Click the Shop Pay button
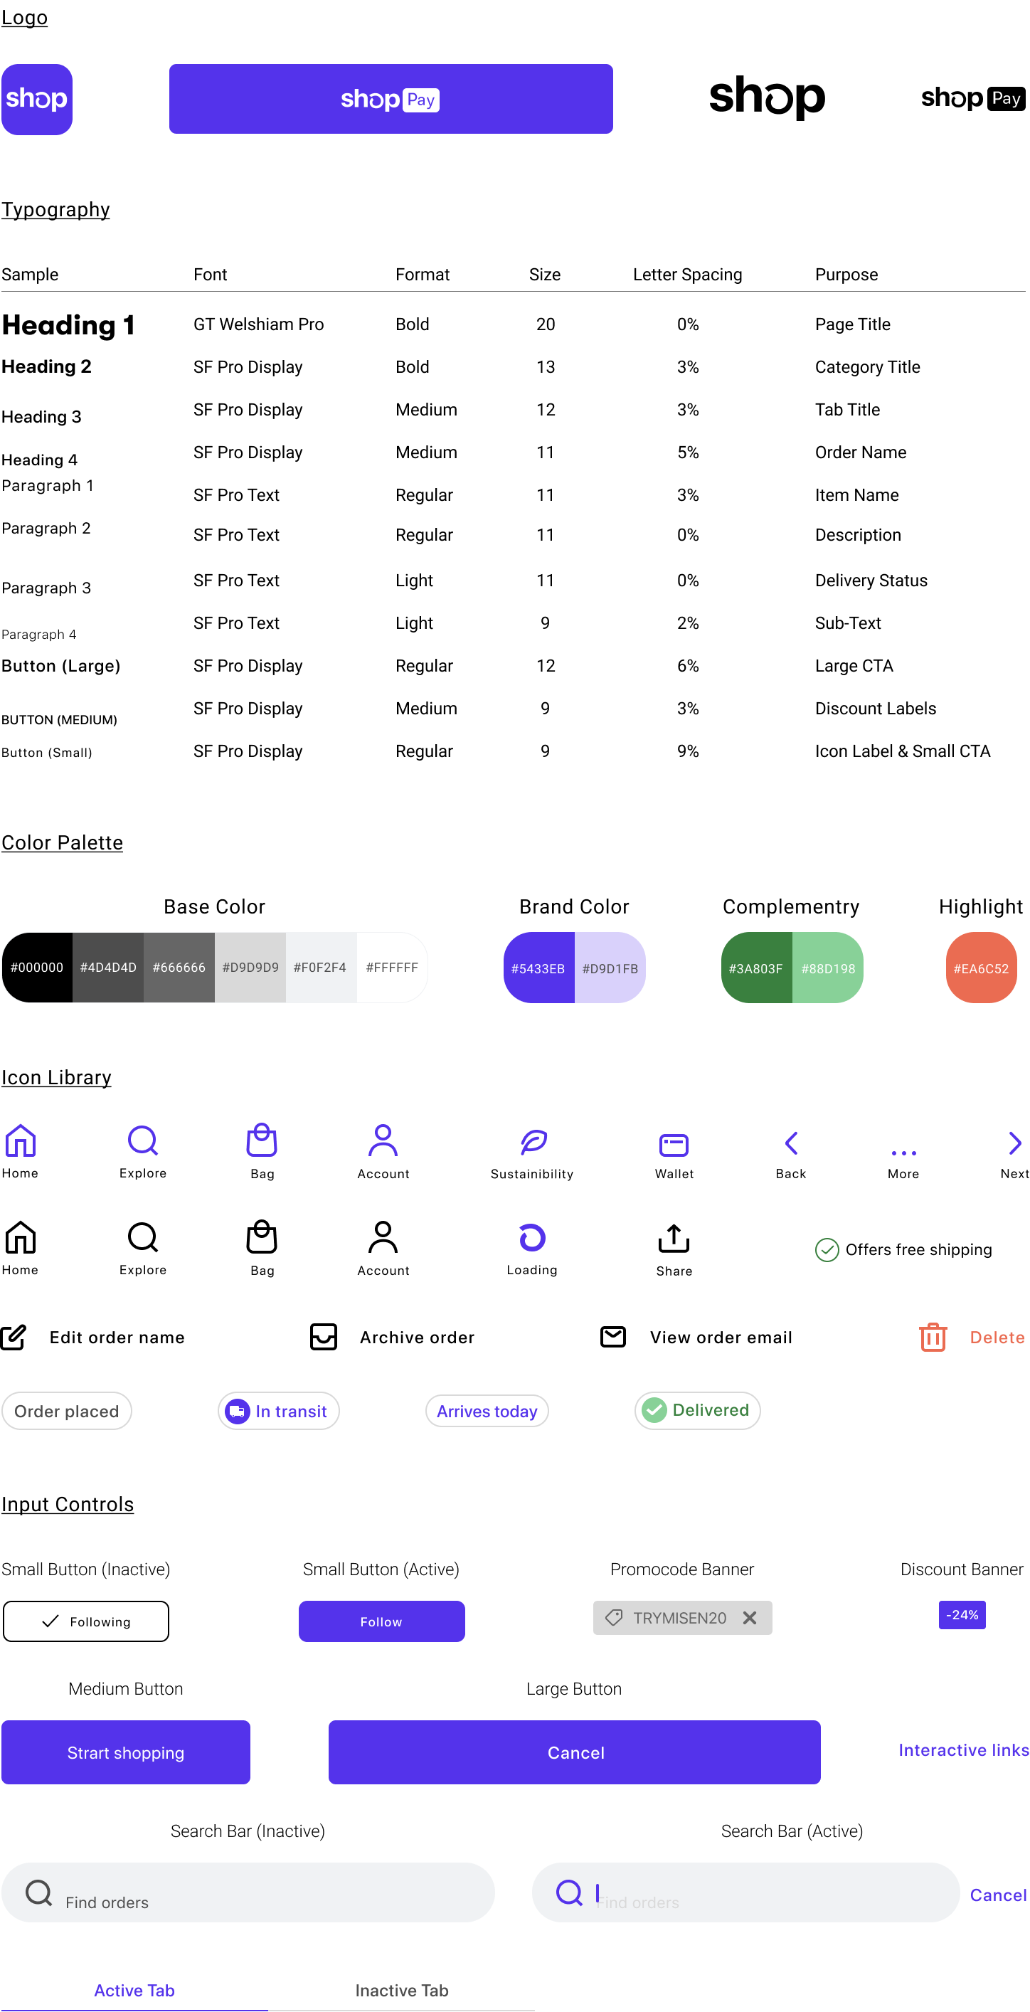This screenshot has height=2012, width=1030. pyautogui.click(x=391, y=99)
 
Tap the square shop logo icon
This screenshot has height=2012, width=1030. pyautogui.click(x=37, y=99)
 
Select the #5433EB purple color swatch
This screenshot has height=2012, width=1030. pyautogui.click(x=538, y=968)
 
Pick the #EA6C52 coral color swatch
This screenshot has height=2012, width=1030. pyautogui.click(x=981, y=968)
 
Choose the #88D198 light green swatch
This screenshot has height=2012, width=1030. pyautogui.click(x=828, y=968)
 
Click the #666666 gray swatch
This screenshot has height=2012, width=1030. pyautogui.click(x=179, y=967)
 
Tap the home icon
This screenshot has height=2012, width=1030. pyautogui.click(x=21, y=1141)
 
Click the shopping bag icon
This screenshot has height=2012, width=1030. pyautogui.click(x=262, y=1140)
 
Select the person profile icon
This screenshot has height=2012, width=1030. pyautogui.click(x=383, y=1140)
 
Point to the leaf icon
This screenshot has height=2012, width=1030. pyautogui.click(x=534, y=1142)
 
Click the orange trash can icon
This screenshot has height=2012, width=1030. pyautogui.click(x=933, y=1336)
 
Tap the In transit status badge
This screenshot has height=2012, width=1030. pyautogui.click(x=279, y=1411)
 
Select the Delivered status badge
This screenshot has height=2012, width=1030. pyautogui.click(x=697, y=1410)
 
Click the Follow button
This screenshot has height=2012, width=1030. pyautogui.click(x=381, y=1621)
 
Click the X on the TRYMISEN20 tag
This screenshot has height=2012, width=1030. pyautogui.click(x=750, y=1618)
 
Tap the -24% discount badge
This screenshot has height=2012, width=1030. pyautogui.click(x=962, y=1614)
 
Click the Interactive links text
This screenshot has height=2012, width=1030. pyautogui.click(x=964, y=1749)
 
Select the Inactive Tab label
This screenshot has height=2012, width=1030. pyautogui.click(x=401, y=1990)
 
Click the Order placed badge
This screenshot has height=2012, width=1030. pyautogui.click(x=66, y=1411)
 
